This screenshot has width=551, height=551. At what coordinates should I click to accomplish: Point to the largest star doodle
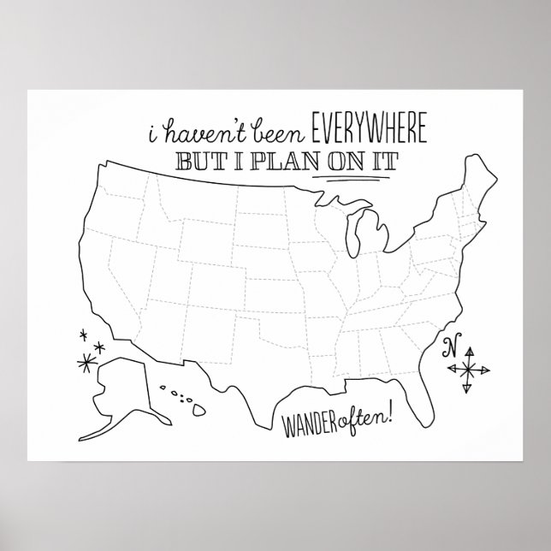[86, 362]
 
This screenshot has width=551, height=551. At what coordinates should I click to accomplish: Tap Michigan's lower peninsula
[364, 235]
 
